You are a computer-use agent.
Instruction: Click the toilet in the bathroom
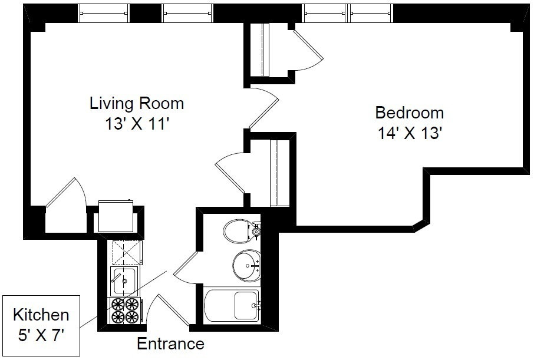(x=242, y=230)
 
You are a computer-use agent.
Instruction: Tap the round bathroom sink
(x=246, y=265)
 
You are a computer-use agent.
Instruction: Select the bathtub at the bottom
(x=232, y=305)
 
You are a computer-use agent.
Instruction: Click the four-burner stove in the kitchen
(x=126, y=311)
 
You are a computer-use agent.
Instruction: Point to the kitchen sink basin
(x=124, y=281)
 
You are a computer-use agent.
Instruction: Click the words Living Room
(x=137, y=103)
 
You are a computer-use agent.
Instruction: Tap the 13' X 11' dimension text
(x=137, y=124)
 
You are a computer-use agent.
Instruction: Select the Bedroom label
(x=410, y=113)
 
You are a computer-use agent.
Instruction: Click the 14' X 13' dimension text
(x=410, y=133)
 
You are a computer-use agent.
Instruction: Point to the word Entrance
(x=170, y=344)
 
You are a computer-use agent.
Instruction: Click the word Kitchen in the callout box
(x=41, y=315)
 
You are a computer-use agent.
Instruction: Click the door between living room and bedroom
(x=264, y=108)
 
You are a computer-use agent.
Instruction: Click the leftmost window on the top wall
(x=104, y=13)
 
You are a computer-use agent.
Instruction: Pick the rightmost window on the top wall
(x=371, y=13)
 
